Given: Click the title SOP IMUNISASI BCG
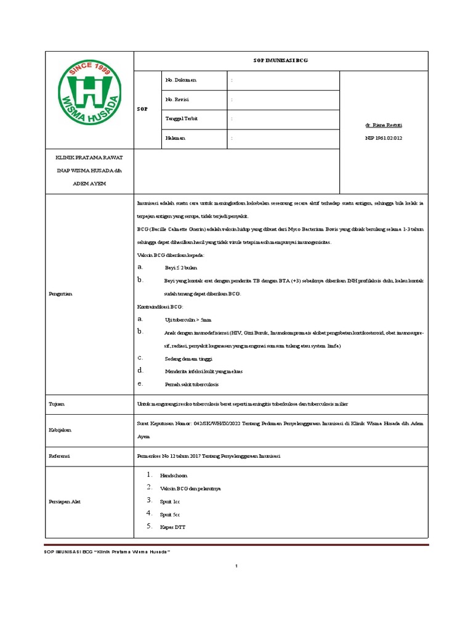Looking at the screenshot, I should coord(281,61).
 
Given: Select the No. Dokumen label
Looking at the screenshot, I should coord(181,81).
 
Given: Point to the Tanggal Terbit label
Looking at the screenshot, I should coord(182,119).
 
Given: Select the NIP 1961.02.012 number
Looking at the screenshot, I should coord(384,139).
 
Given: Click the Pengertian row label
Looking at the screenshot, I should coord(61,295).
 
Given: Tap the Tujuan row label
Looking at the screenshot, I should coord(56,404).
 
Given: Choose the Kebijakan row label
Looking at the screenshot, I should coord(60,430).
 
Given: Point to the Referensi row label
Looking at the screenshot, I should coord(59,456).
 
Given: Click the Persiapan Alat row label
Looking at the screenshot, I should coord(64,502).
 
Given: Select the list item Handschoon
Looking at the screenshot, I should coord(174,476).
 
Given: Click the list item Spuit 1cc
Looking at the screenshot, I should coord(170,502).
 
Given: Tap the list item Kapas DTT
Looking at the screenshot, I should coord(172,527).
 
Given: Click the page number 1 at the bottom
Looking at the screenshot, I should coord(236,566).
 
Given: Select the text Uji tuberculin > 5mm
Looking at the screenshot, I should coord(188,320).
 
